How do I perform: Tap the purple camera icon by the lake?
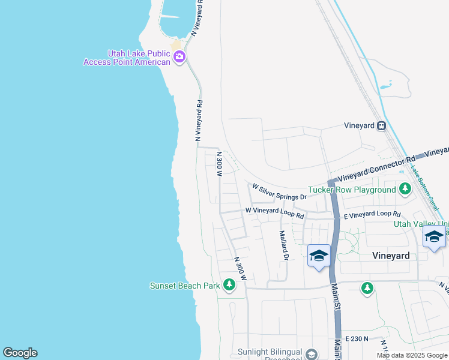pyautogui.click(x=179, y=57)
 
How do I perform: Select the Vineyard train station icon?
pyautogui.click(x=381, y=126)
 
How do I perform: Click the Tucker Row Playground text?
pyautogui.click(x=352, y=190)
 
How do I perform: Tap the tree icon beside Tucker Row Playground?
pyautogui.click(x=405, y=190)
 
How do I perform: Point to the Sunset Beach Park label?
pyautogui.click(x=184, y=286)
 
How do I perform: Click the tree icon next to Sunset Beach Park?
pyautogui.click(x=229, y=285)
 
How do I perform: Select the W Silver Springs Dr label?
pyautogui.click(x=279, y=192)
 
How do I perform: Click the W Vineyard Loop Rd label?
pyautogui.click(x=274, y=212)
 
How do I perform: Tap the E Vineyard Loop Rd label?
pyautogui.click(x=372, y=214)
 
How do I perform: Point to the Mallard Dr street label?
pyautogui.click(x=285, y=246)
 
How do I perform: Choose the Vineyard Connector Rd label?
pyautogui.click(x=376, y=169)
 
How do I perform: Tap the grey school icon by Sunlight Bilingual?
pyautogui.click(x=311, y=354)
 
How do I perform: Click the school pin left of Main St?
pyautogui.click(x=319, y=256)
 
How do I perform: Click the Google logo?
pyautogui.click(x=20, y=353)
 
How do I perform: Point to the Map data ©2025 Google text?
pyautogui.click(x=411, y=355)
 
